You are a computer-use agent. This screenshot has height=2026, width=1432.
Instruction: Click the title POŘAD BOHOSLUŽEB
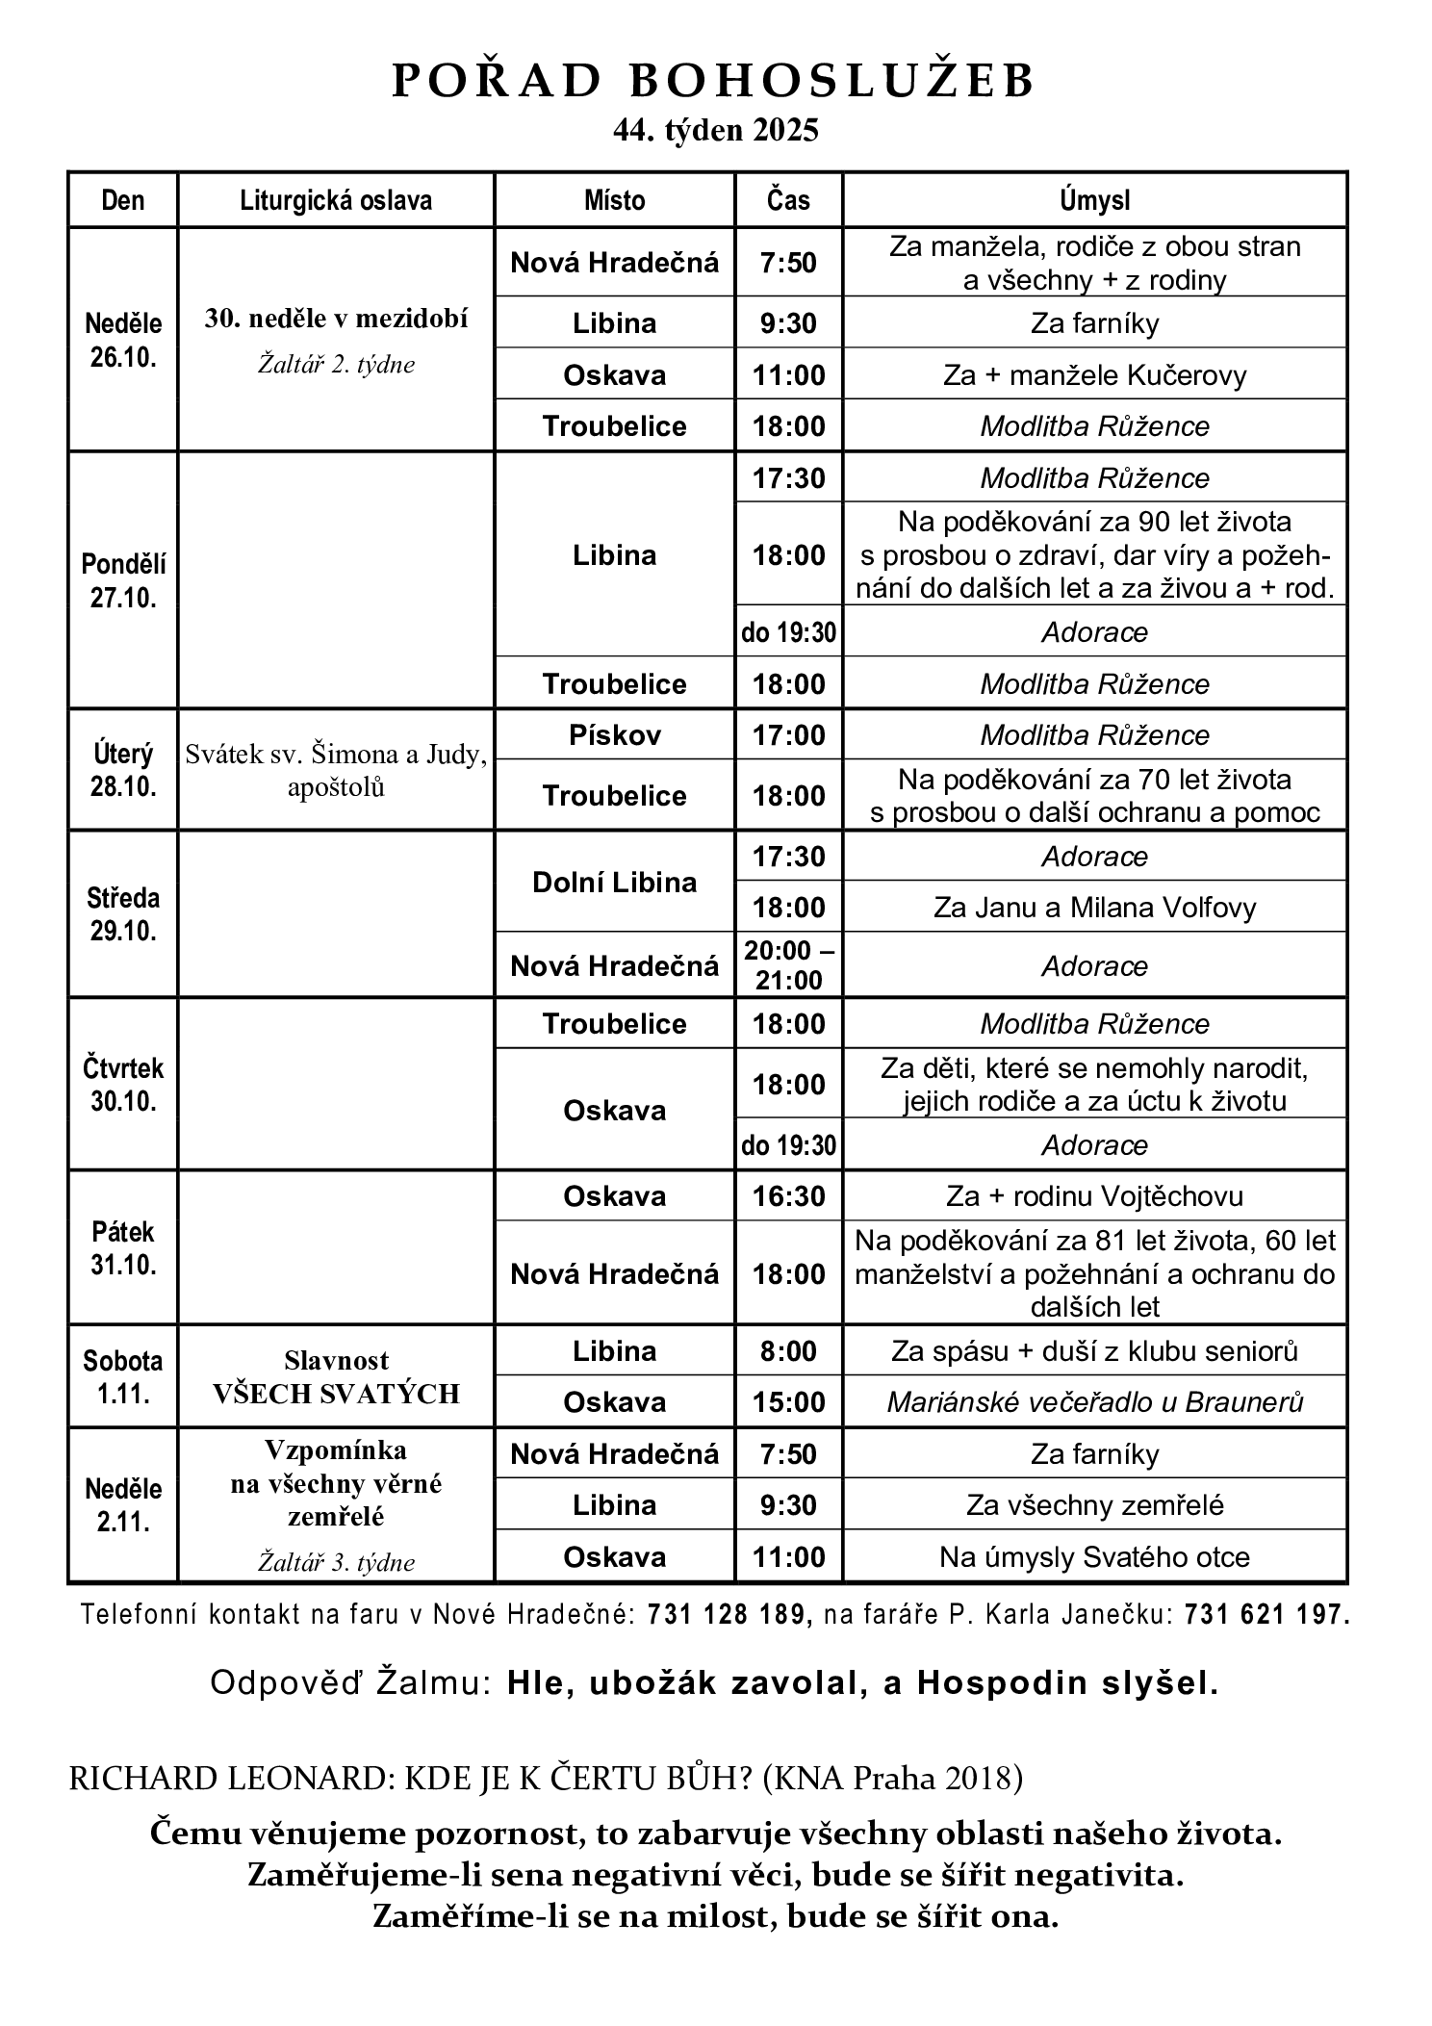(x=714, y=82)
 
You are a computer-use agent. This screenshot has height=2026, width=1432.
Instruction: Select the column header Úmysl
(x=1094, y=200)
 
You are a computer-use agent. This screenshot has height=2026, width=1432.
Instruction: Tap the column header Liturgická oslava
(x=336, y=200)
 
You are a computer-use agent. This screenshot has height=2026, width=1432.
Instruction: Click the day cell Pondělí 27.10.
(x=123, y=580)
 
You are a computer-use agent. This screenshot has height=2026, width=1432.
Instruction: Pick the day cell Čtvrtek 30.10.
(x=123, y=1085)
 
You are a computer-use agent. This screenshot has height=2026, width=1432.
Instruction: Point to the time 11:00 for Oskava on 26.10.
(x=788, y=374)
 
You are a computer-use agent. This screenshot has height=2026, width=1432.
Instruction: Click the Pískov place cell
(x=614, y=735)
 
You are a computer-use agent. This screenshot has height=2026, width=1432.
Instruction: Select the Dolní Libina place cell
(x=614, y=883)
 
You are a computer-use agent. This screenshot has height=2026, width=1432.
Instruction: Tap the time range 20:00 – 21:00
(x=788, y=965)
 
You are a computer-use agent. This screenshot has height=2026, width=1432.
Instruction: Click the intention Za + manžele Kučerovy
(x=1094, y=374)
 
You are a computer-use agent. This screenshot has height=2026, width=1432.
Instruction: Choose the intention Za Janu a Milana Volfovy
(x=1094, y=908)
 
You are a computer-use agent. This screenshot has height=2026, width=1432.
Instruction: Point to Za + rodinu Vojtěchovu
(x=1094, y=1196)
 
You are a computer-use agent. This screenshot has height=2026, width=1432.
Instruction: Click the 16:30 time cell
(x=788, y=1196)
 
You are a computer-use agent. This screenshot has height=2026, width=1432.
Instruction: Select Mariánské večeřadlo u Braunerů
(x=1094, y=1402)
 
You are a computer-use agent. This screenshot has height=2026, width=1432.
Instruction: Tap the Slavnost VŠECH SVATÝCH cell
(x=336, y=1377)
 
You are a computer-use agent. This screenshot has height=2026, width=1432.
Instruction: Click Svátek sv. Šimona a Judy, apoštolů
(x=336, y=770)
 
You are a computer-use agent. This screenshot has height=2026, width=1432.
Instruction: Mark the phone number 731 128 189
(x=729, y=1615)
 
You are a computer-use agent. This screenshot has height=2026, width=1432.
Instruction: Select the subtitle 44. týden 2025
(x=715, y=131)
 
